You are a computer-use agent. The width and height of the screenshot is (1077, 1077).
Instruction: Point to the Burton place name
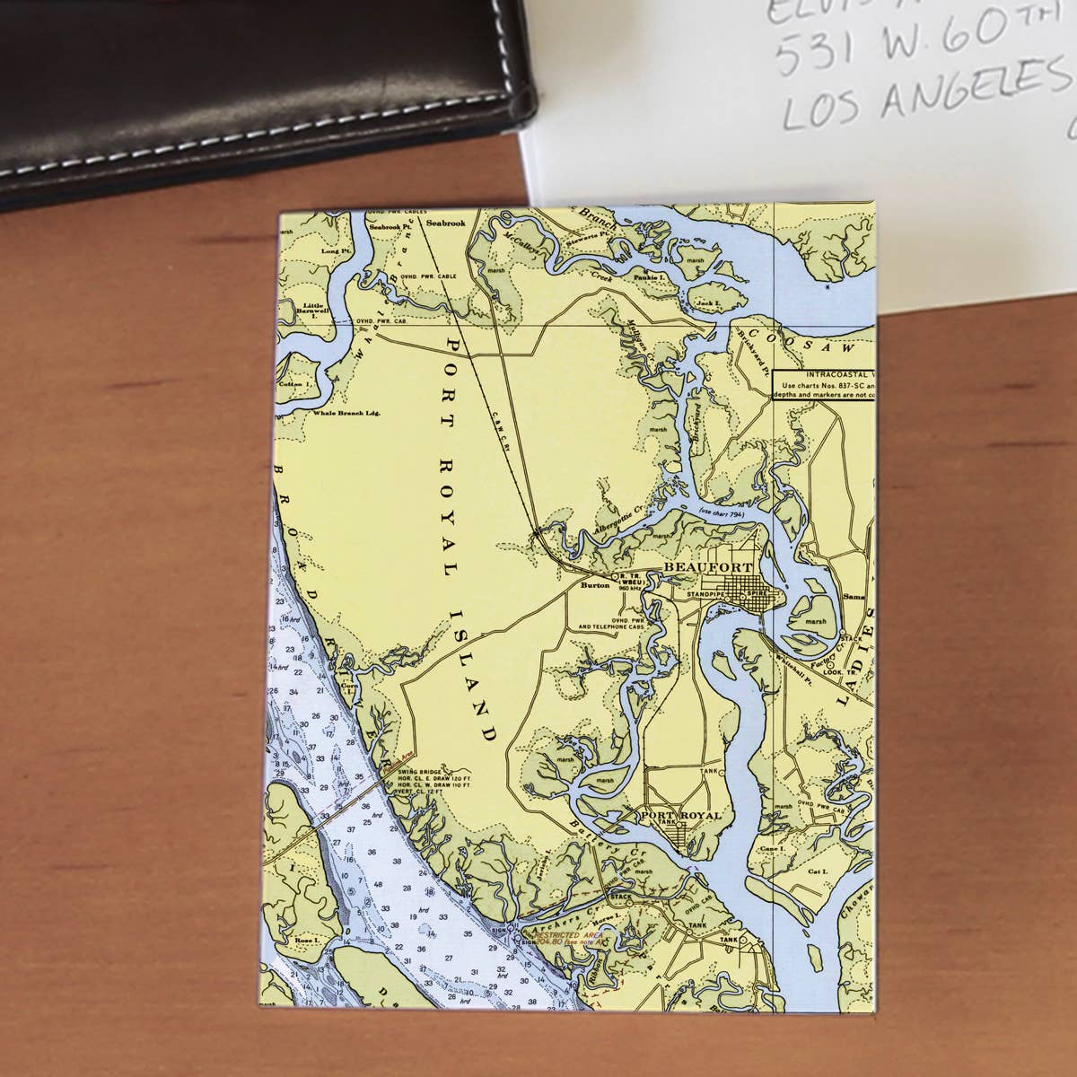(595, 585)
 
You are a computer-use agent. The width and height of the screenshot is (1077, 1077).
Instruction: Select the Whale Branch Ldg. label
(348, 414)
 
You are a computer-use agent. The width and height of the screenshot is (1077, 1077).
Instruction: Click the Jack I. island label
(708, 305)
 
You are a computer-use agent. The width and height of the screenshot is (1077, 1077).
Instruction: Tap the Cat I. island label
(816, 871)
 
